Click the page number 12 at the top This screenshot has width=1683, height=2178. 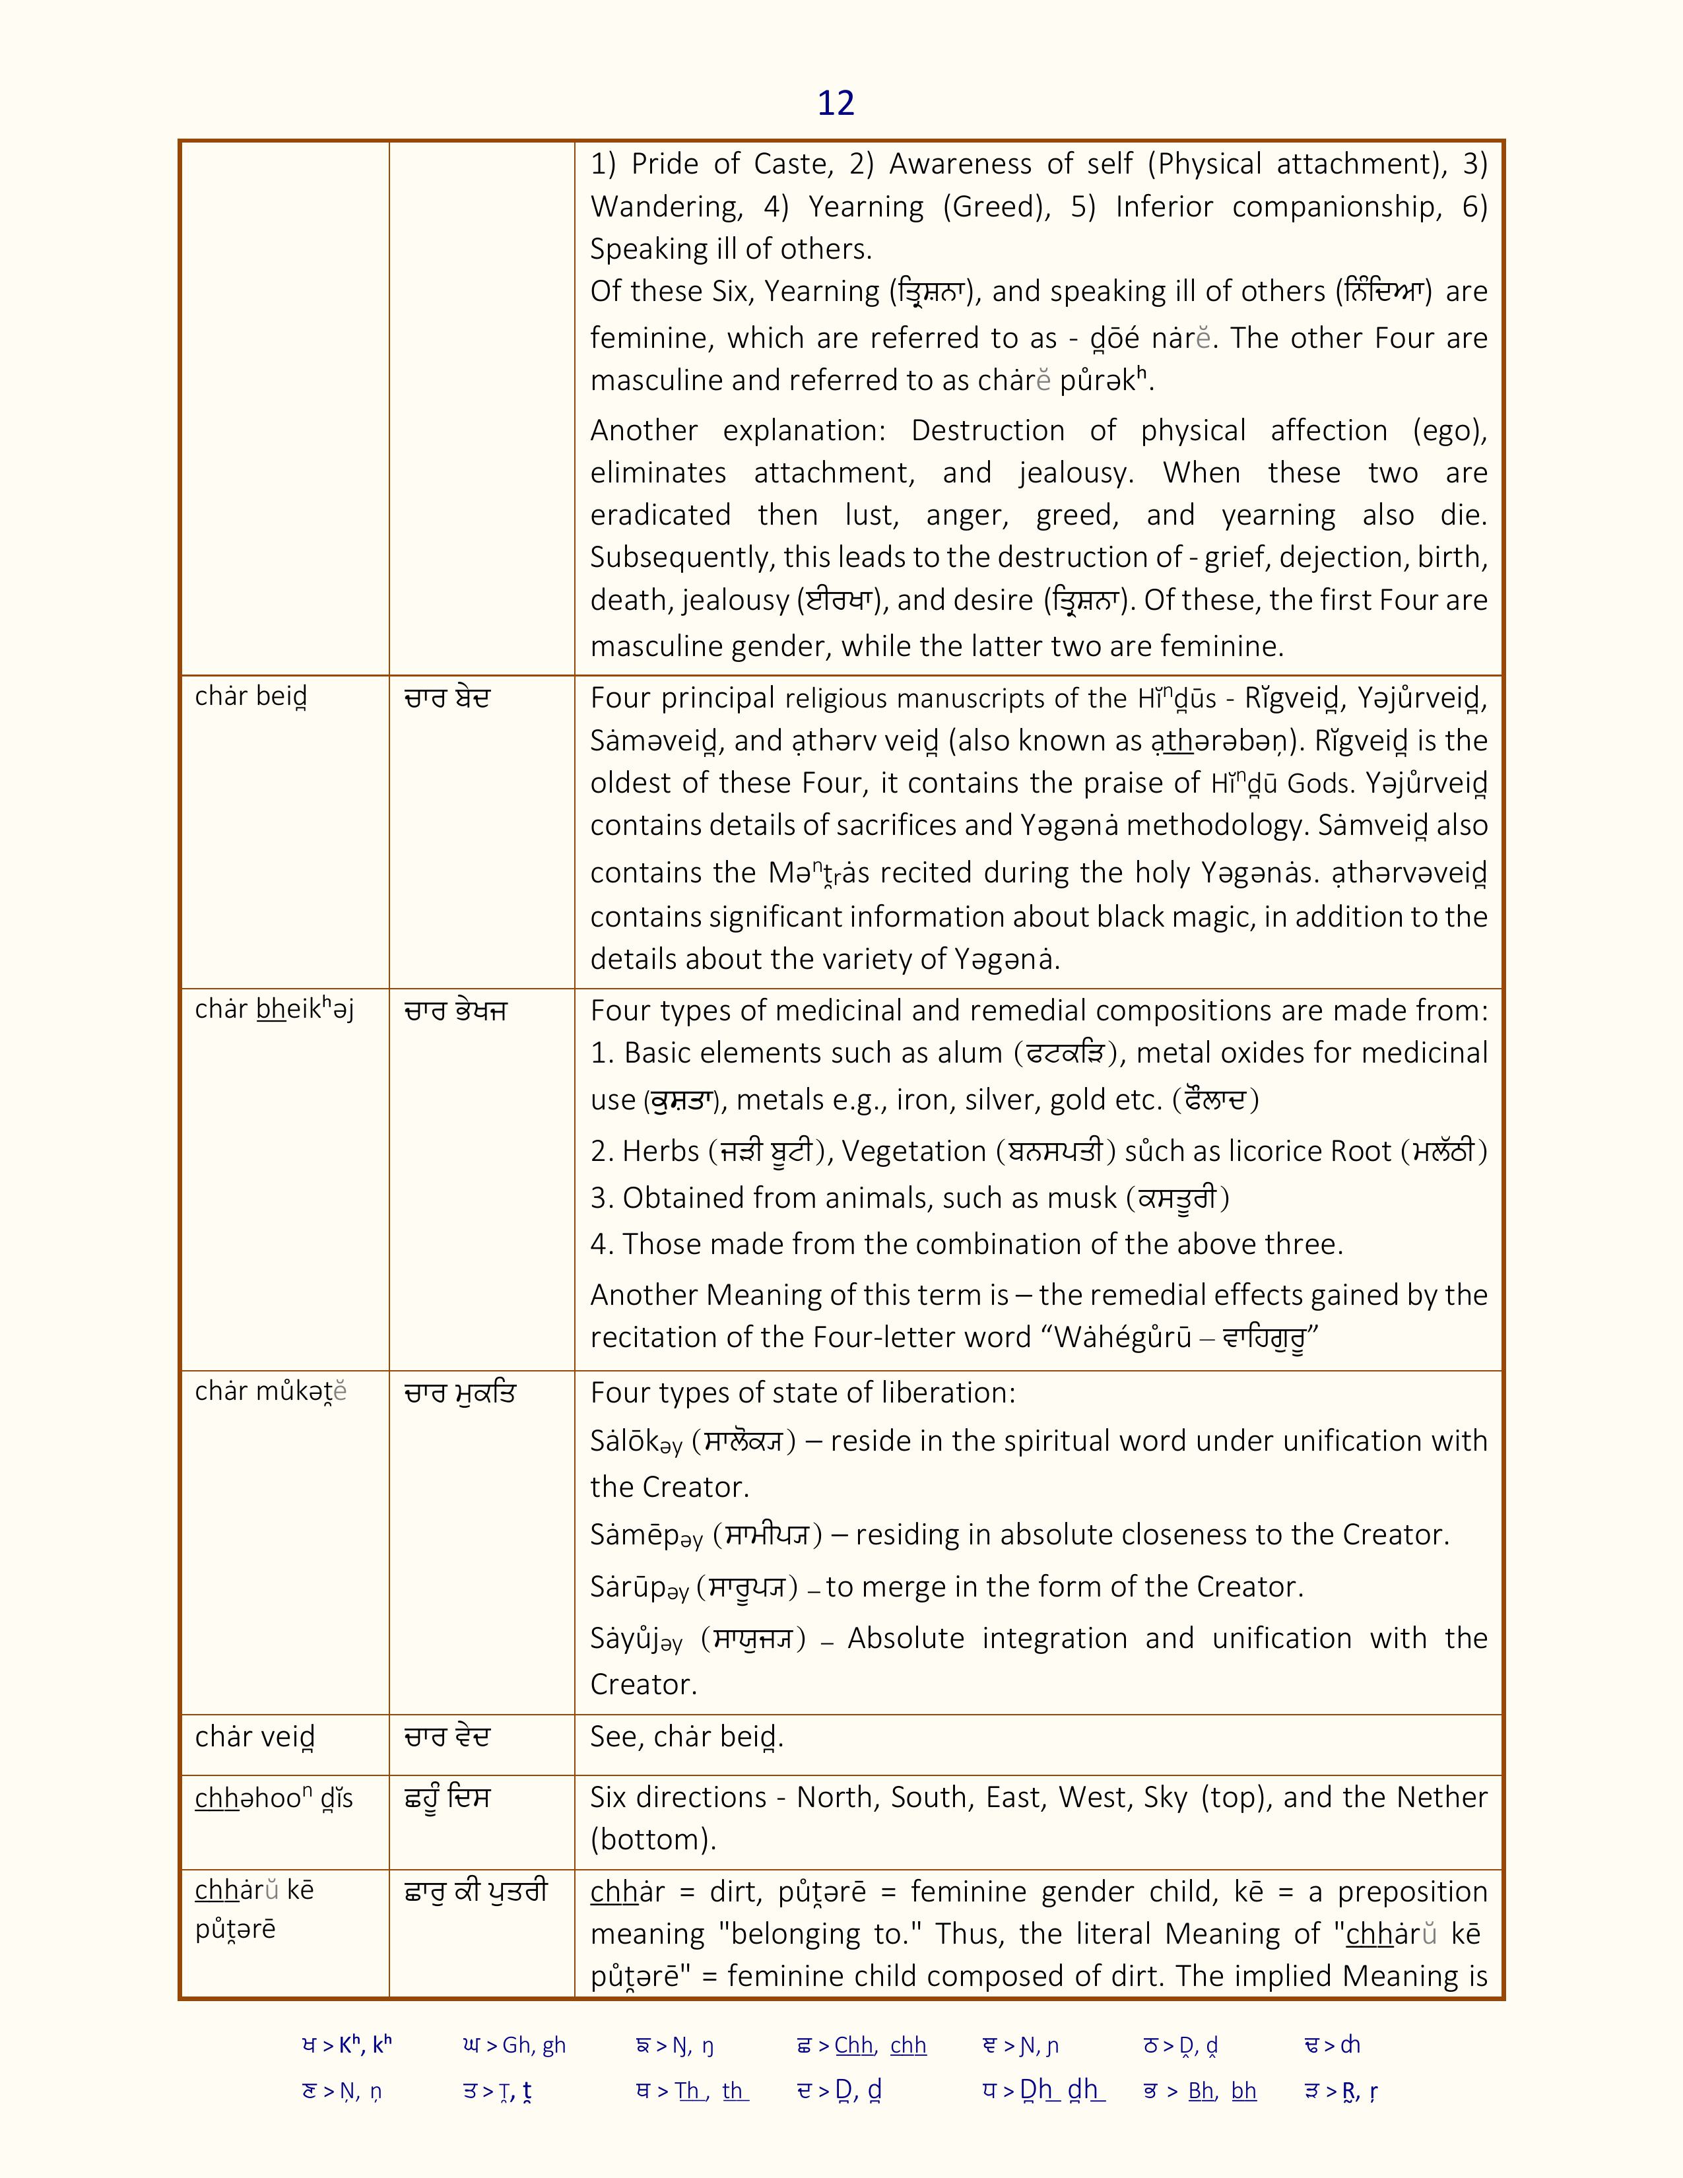click(x=836, y=103)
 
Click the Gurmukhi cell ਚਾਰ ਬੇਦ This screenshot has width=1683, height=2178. click(x=447, y=698)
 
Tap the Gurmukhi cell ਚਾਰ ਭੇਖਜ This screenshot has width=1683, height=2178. click(x=455, y=1011)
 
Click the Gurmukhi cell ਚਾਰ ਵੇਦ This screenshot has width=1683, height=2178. click(x=447, y=1737)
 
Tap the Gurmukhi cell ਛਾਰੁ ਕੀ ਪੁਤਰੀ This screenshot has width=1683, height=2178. click(x=476, y=1891)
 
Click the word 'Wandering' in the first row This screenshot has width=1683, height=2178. click(x=666, y=207)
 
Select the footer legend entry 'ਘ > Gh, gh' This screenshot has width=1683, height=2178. click(x=515, y=2045)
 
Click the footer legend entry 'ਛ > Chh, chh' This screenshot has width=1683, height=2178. click(x=861, y=2045)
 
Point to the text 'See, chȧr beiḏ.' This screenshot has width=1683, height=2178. click(x=686, y=1737)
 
